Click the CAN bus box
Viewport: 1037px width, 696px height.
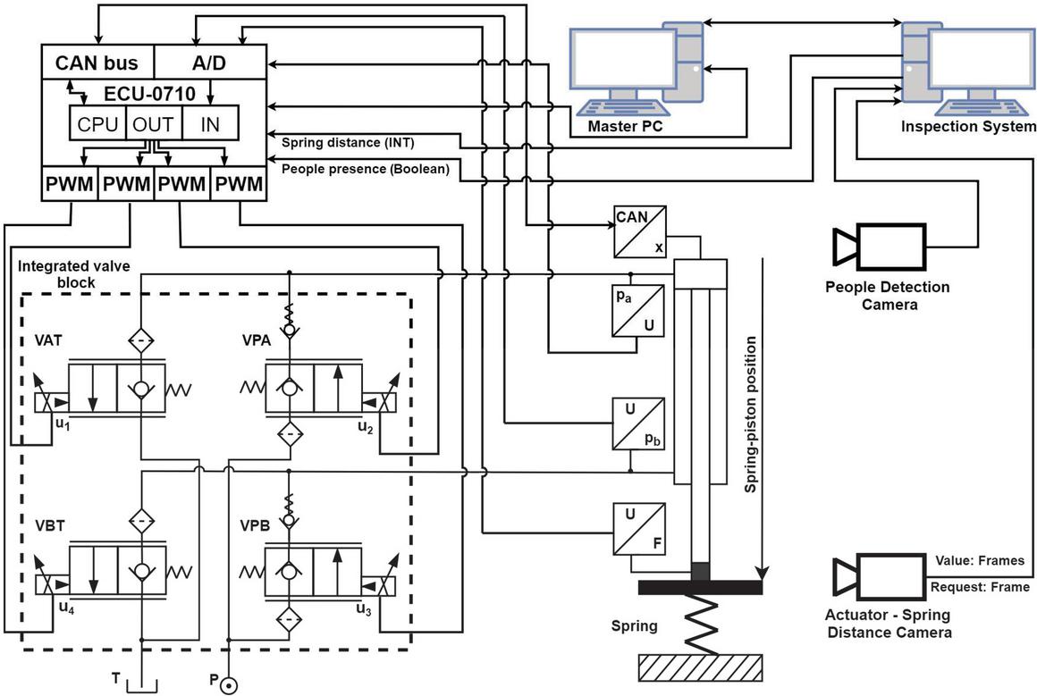pyautogui.click(x=97, y=63)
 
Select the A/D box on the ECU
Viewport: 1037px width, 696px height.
pyautogui.click(x=210, y=63)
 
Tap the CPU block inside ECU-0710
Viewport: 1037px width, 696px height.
pyautogui.click(x=97, y=123)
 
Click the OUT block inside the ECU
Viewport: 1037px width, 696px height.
pyautogui.click(x=154, y=123)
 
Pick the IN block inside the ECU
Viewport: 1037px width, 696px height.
pyautogui.click(x=210, y=123)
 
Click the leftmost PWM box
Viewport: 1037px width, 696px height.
pyautogui.click(x=70, y=184)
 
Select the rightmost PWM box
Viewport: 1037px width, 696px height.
pyautogui.click(x=239, y=184)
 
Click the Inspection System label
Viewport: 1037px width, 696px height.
pyautogui.click(x=968, y=126)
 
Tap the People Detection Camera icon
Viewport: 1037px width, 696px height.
pyautogui.click(x=879, y=247)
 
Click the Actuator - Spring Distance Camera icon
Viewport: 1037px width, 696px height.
pyautogui.click(x=879, y=577)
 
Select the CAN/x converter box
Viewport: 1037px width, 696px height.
pyautogui.click(x=639, y=231)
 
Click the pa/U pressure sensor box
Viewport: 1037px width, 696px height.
pyautogui.click(x=637, y=311)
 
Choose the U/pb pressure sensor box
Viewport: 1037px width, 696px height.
pyautogui.click(x=638, y=423)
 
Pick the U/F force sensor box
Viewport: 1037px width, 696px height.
pyautogui.click(x=638, y=530)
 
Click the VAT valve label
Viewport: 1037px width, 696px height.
pyautogui.click(x=48, y=340)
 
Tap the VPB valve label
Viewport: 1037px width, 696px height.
pyautogui.click(x=256, y=526)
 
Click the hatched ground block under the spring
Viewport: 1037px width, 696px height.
pyautogui.click(x=700, y=667)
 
